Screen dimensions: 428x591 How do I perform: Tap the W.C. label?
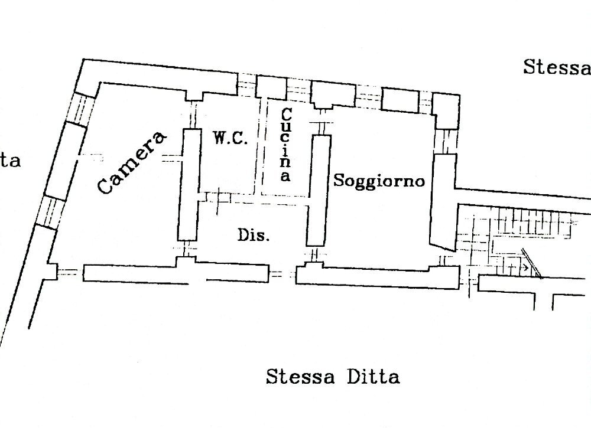pyautogui.click(x=227, y=139)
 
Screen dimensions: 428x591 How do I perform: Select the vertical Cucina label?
pyautogui.click(x=285, y=145)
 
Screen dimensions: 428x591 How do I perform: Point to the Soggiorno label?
pyautogui.click(x=379, y=181)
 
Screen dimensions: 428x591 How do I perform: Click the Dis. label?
pyautogui.click(x=254, y=236)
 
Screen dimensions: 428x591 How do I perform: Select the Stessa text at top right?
pyautogui.click(x=556, y=67)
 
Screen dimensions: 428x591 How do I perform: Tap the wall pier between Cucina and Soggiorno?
pyautogui.click(x=317, y=189)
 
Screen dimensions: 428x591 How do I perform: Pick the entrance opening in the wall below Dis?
pyautogui.click(x=282, y=273)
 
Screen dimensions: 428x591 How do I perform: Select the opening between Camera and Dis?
pyautogui.click(x=187, y=250)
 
